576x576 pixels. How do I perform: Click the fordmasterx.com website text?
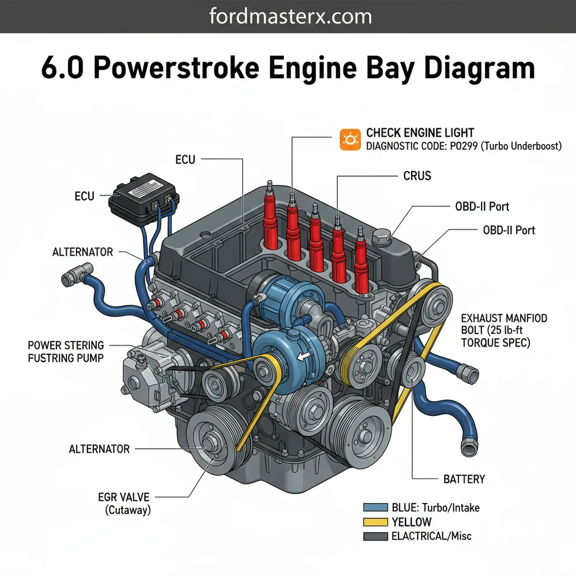pyautogui.click(x=287, y=16)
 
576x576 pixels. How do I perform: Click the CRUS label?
pyautogui.click(x=417, y=176)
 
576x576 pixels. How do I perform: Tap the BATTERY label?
pyautogui.click(x=464, y=479)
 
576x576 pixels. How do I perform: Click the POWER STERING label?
pyautogui.click(x=66, y=346)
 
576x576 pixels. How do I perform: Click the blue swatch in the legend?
pyautogui.click(x=376, y=507)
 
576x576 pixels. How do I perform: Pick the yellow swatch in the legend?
pyautogui.click(x=376, y=522)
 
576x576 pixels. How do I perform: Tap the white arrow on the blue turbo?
pyautogui.click(x=301, y=357)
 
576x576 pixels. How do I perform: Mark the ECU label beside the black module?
pyautogui.click(x=84, y=196)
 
